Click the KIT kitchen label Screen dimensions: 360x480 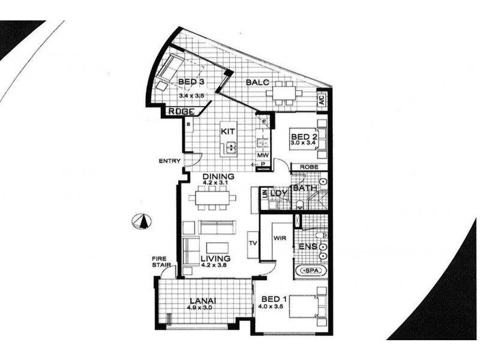coord(227,131)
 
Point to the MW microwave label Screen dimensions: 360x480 coord(262,156)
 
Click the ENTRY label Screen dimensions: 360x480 coord(169,161)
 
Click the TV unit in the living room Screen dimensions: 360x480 coord(253,244)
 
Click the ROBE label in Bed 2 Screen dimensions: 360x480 coord(310,167)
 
